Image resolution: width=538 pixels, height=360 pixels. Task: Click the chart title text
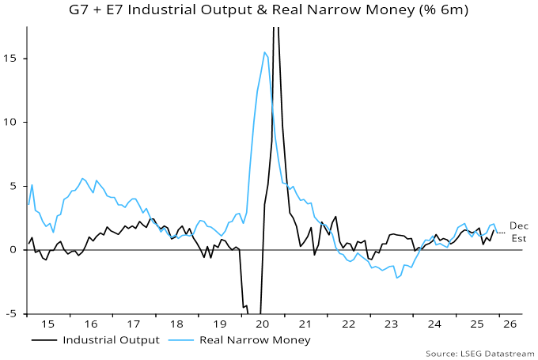point(269,11)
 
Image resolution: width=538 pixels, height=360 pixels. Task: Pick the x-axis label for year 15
point(49,324)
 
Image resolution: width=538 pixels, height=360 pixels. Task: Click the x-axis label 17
point(134,324)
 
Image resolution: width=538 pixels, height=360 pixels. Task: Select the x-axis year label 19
point(218,324)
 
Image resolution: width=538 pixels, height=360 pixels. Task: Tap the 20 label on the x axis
point(261,324)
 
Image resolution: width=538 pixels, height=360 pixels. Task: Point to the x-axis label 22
point(346,324)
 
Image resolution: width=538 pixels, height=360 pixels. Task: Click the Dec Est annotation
point(518,232)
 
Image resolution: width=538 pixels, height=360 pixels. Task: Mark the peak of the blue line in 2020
point(264,52)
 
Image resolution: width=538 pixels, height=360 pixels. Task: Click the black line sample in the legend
point(45,340)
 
